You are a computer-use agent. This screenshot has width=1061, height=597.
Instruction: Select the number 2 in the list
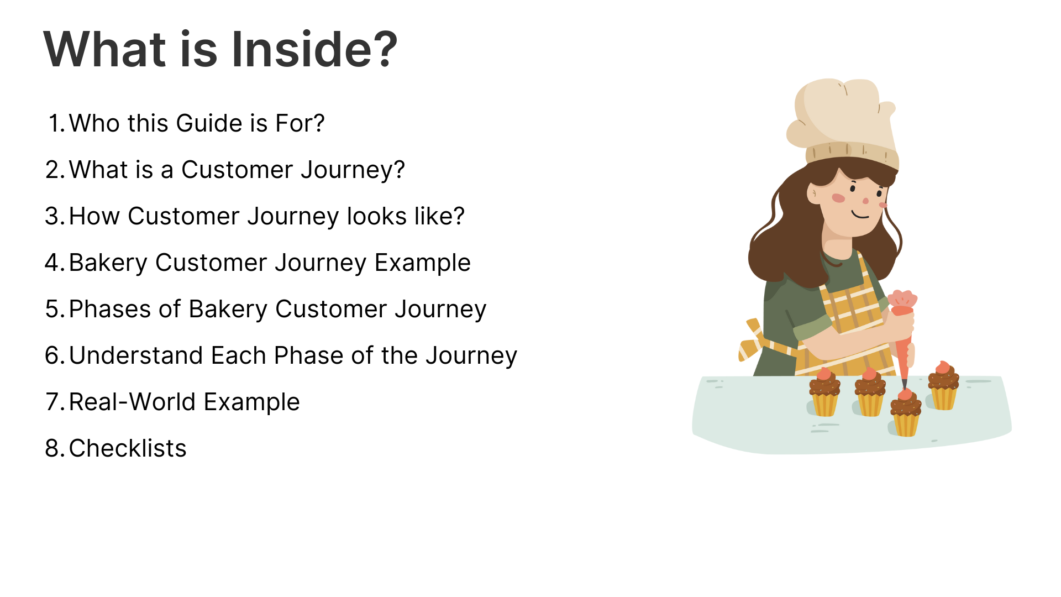coord(55,170)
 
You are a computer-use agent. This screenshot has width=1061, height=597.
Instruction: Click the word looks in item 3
coord(376,216)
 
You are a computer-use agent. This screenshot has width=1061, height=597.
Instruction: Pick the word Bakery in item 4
coord(108,263)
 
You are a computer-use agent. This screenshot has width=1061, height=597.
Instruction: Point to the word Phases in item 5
coord(110,309)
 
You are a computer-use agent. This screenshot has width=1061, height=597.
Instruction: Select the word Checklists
coord(128,448)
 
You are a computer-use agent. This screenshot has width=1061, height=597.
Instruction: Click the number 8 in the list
coord(55,448)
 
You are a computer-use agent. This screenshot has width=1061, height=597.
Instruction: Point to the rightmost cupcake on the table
coord(943,386)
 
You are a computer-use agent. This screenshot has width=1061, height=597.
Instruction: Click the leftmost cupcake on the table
coord(824,392)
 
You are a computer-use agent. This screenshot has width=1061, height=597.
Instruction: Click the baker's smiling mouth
coord(860,214)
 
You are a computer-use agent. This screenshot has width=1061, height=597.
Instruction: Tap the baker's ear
coord(813,194)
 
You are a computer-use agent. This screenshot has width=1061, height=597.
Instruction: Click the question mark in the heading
coord(381,49)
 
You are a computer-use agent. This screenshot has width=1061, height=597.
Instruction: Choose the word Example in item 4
coord(423,263)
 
